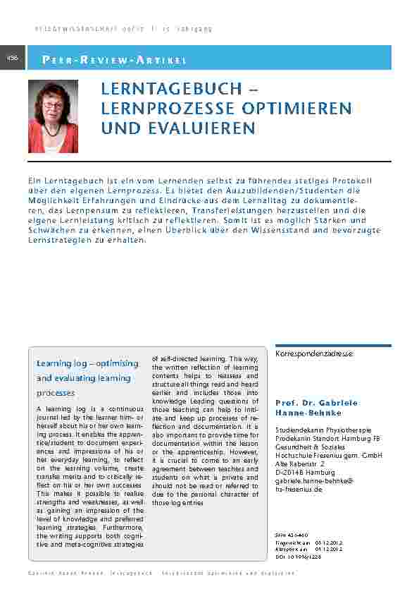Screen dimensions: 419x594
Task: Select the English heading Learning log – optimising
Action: [87, 363]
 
